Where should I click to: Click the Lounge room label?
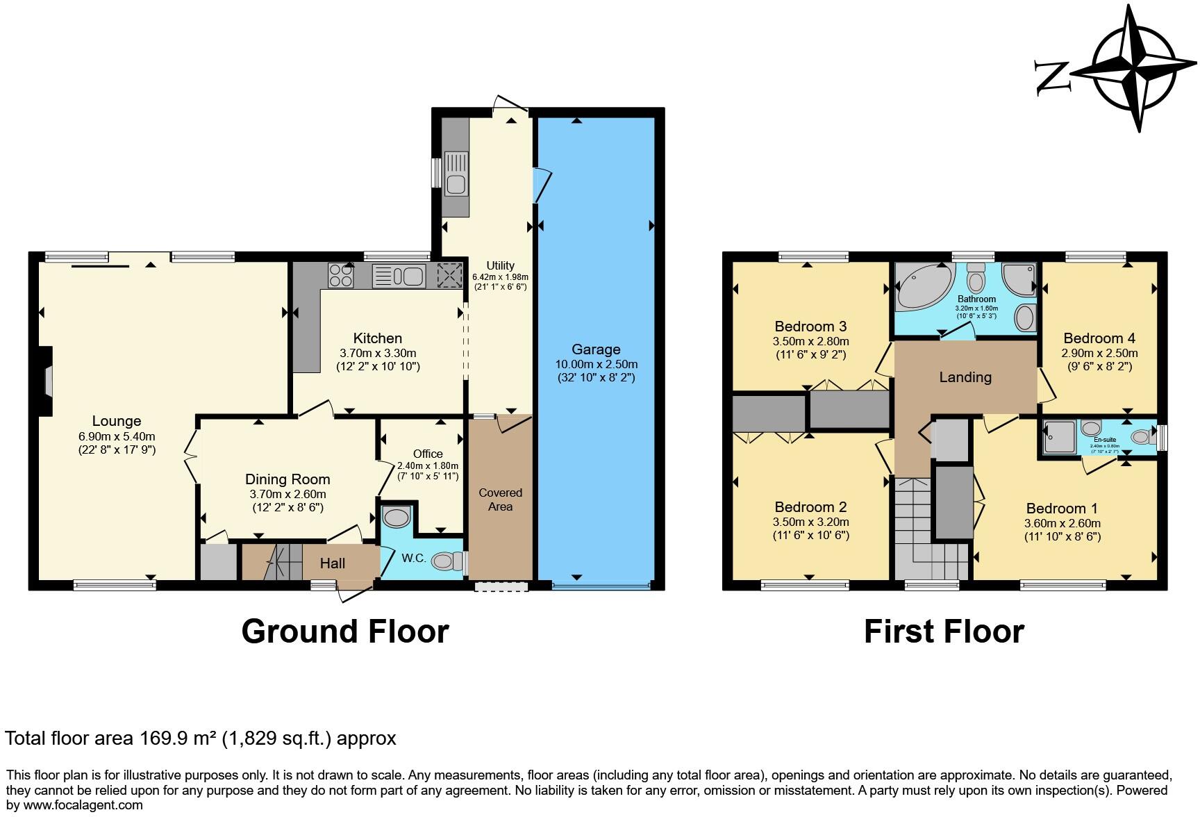tap(117, 421)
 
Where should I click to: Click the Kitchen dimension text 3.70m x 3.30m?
tap(378, 353)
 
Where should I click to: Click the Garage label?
tap(596, 349)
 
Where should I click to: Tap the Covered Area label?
tap(500, 500)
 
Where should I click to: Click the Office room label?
tap(428, 454)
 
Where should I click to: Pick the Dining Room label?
tap(287, 479)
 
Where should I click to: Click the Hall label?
tap(333, 563)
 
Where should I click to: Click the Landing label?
tap(965, 377)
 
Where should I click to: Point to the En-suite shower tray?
tap(1060, 437)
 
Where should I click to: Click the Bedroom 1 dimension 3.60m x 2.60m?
tap(1062, 523)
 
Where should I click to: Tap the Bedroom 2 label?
tap(810, 507)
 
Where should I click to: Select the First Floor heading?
tap(944, 632)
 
